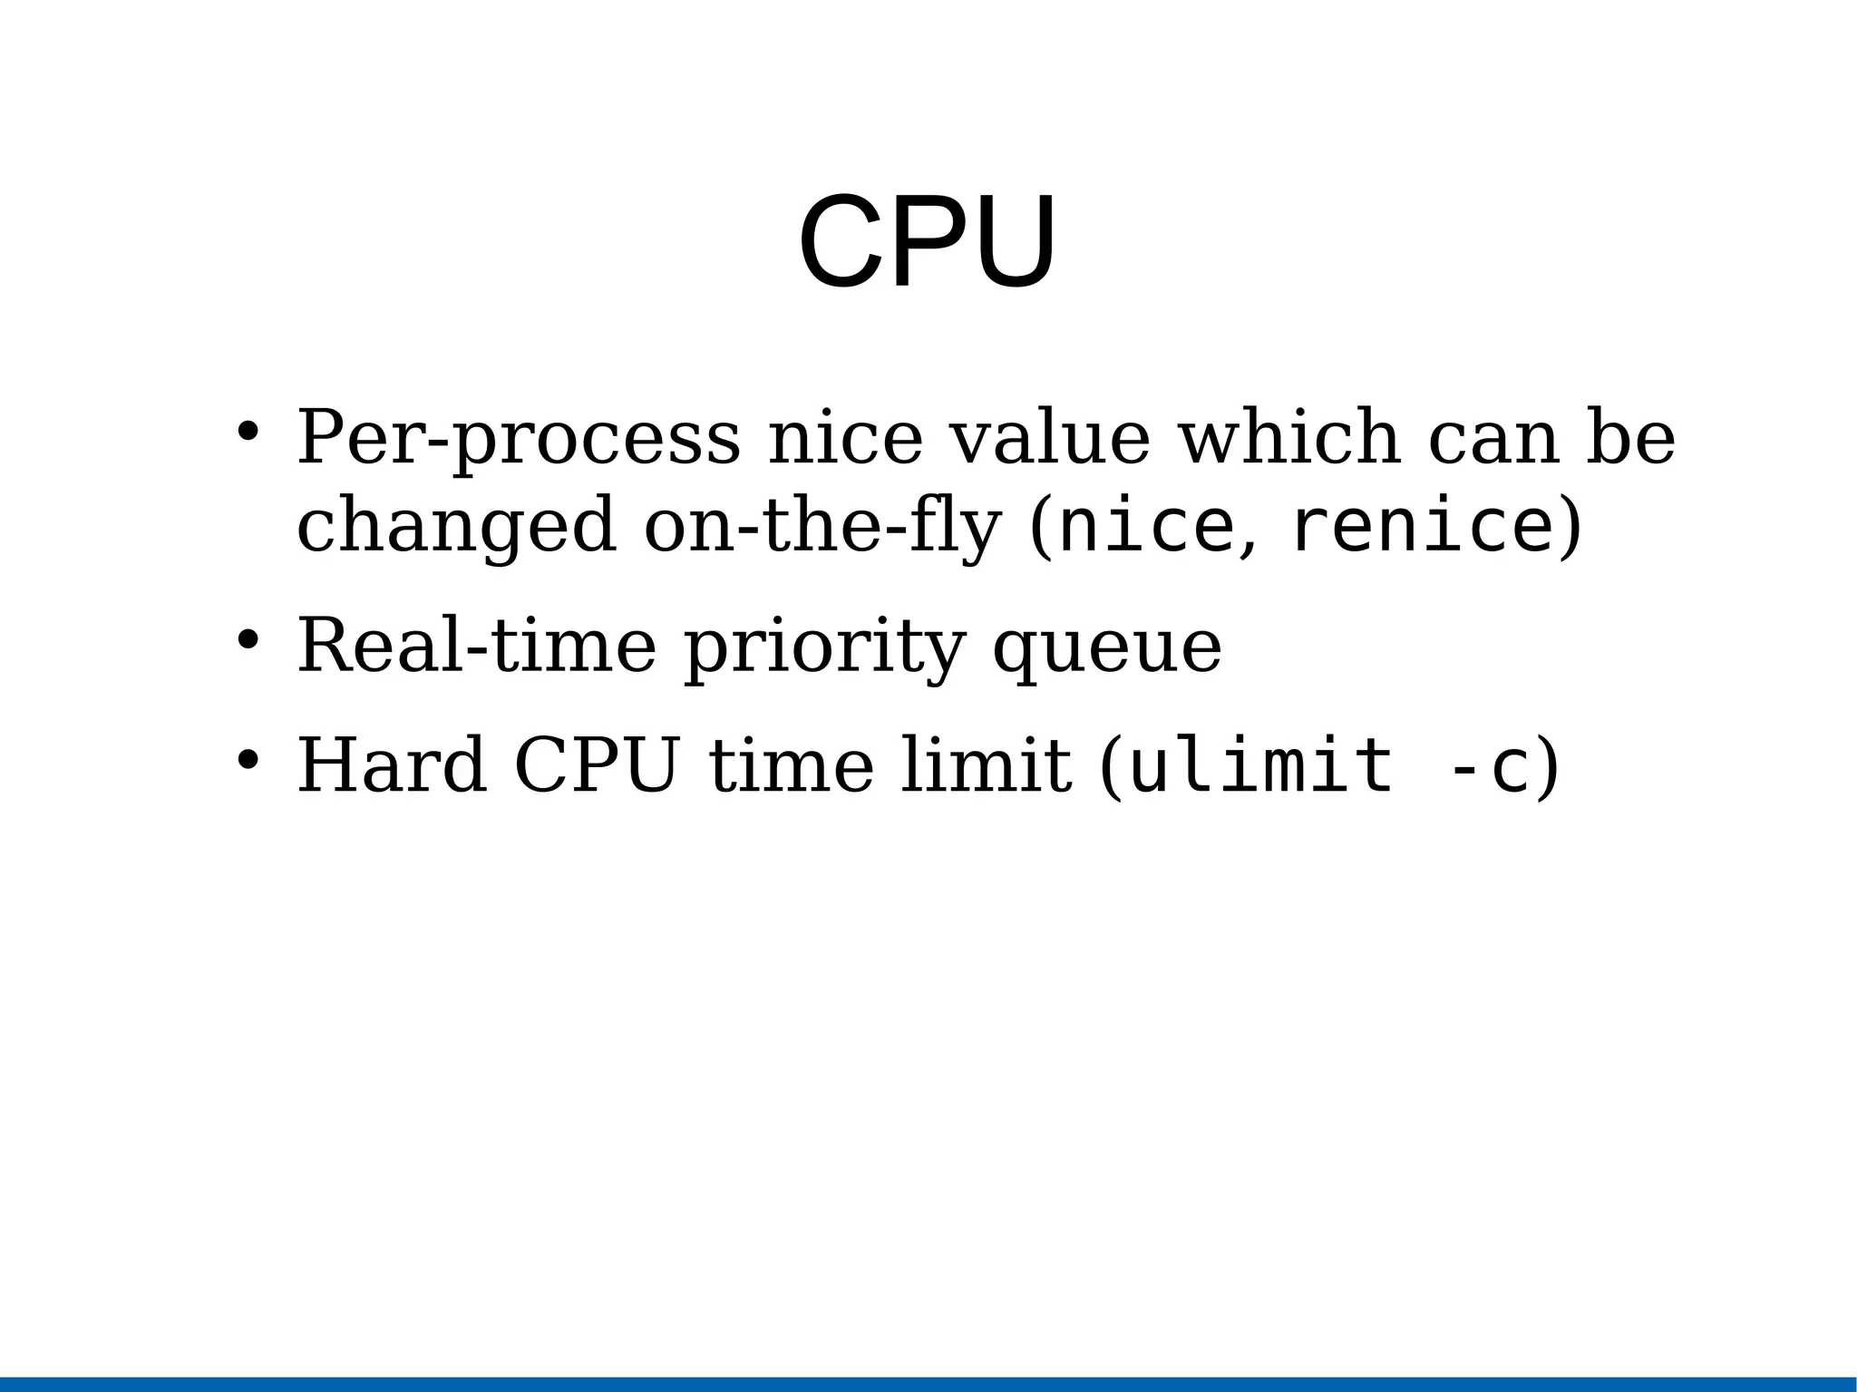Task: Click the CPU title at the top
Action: tap(927, 242)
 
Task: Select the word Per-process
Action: tap(518, 439)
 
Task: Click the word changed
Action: tap(457, 527)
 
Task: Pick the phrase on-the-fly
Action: tap(822, 527)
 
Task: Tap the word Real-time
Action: tap(476, 647)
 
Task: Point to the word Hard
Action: tap(392, 766)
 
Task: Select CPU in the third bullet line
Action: tap(597, 766)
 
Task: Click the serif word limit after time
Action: tap(987, 766)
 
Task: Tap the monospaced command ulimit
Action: tap(1260, 766)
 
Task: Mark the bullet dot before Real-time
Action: tap(247, 640)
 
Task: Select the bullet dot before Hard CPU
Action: tap(247, 759)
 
